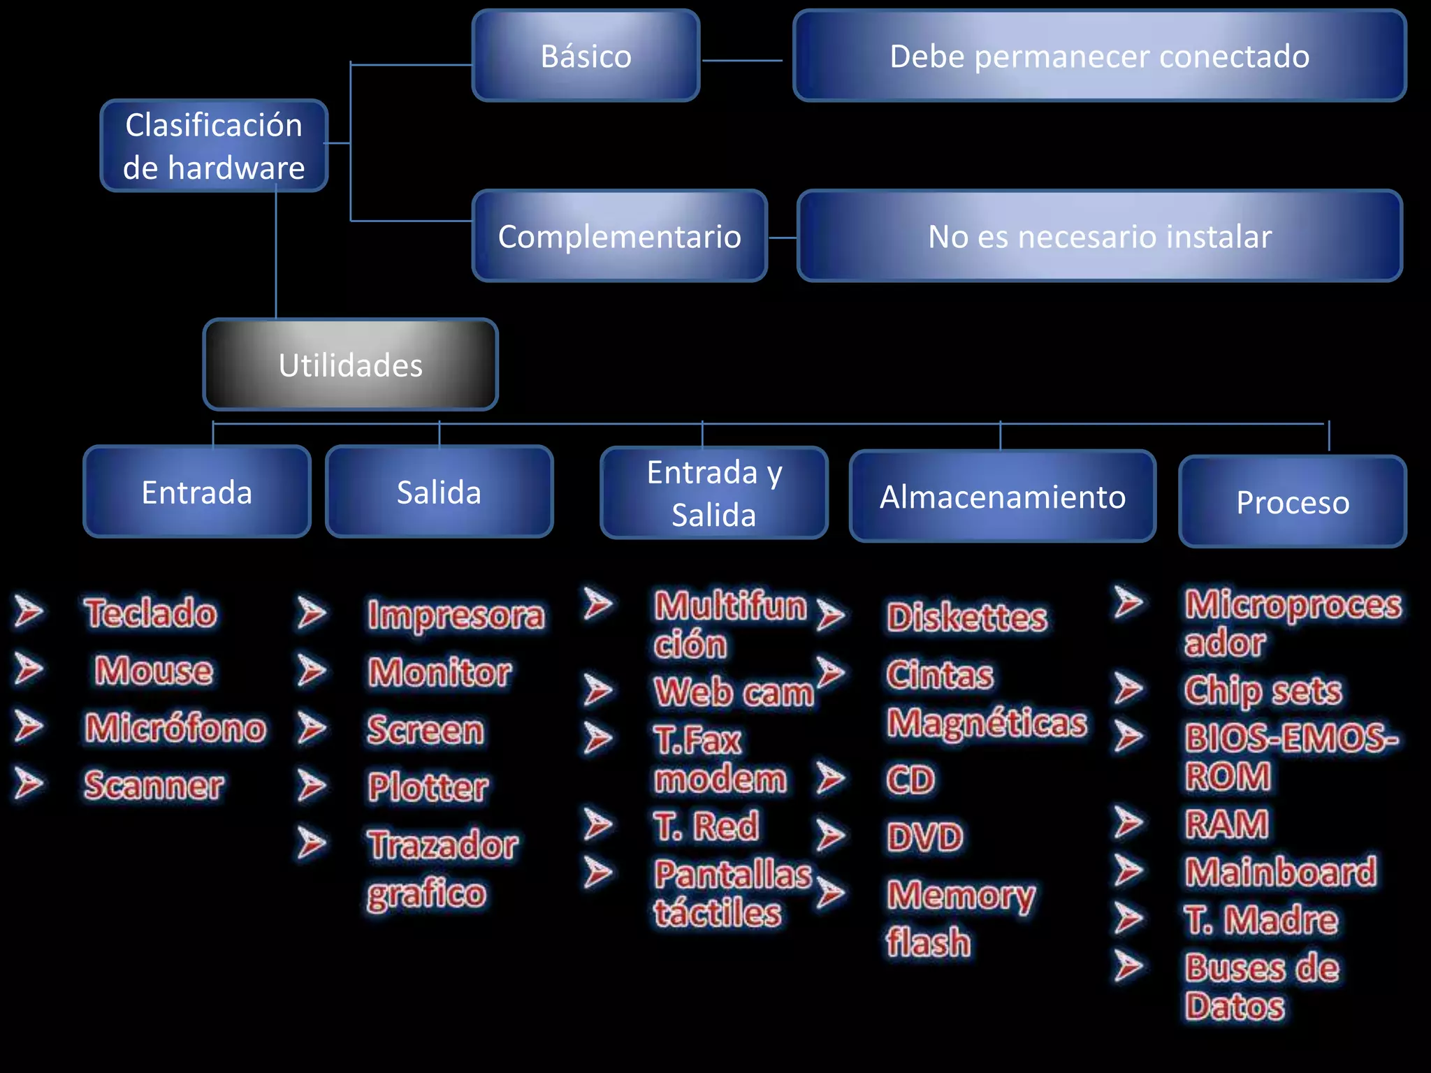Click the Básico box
click(x=586, y=56)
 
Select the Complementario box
click(x=619, y=236)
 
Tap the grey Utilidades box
click(x=350, y=365)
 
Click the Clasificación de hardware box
click(x=214, y=146)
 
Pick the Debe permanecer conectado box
click(x=1099, y=56)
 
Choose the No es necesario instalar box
click(x=1099, y=236)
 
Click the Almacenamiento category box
click(x=1003, y=497)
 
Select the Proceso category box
click(x=1293, y=502)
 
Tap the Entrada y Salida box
click(x=714, y=493)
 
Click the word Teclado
click(x=150, y=613)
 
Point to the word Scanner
click(x=154, y=785)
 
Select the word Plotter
click(x=428, y=787)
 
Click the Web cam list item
click(x=734, y=692)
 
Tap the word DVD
click(x=925, y=837)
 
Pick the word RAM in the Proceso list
click(x=1227, y=824)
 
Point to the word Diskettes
click(x=967, y=617)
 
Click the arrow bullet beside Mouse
click(x=29, y=669)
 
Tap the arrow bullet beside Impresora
click(x=312, y=613)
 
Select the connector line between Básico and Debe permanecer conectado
click(x=742, y=61)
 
